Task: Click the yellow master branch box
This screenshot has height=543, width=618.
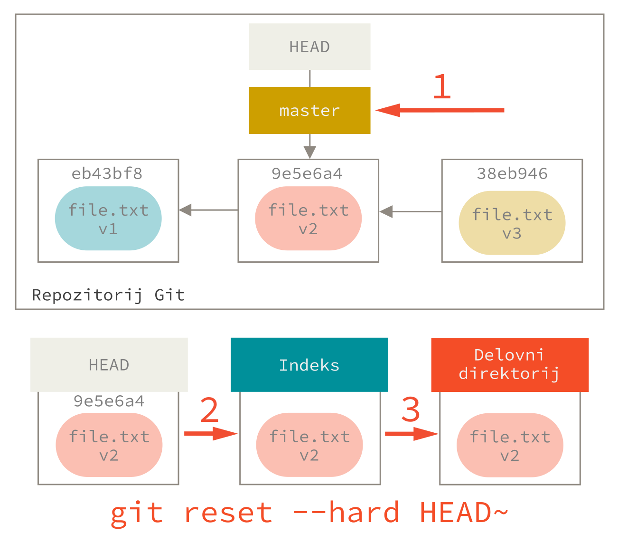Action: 309,110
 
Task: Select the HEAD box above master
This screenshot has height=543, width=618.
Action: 309,47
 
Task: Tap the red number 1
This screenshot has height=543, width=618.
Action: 441,87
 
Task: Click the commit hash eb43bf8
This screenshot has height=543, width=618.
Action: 107,173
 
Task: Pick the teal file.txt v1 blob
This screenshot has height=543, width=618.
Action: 108,219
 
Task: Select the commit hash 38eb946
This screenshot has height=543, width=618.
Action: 512,173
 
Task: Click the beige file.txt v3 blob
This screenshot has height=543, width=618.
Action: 512,223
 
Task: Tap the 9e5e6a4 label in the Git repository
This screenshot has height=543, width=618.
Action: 307,173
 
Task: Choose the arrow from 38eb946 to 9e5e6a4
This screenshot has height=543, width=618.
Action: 410,211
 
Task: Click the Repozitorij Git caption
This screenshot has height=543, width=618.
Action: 108,295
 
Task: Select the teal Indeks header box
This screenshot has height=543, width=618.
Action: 309,365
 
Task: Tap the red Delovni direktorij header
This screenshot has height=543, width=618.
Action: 509,364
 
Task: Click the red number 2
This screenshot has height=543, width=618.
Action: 209,410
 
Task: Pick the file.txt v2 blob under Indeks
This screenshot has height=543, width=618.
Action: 309,445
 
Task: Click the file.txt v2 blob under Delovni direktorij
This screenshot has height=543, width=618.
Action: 510,445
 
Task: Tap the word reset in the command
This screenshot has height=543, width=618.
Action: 228,513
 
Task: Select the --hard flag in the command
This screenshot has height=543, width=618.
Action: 346,513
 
